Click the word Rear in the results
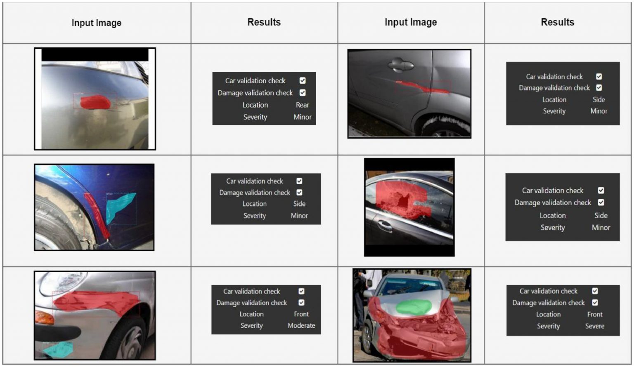click(x=302, y=105)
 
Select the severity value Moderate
click(x=301, y=325)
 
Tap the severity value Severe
click(x=595, y=326)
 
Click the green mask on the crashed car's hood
click(x=414, y=307)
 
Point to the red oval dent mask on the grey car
click(x=95, y=102)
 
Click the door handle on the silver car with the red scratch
click(x=400, y=65)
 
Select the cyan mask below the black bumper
click(x=58, y=350)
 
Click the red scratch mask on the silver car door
click(x=422, y=87)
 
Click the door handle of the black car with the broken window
click(x=384, y=225)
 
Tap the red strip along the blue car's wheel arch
click(x=96, y=215)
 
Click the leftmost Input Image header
click(x=97, y=23)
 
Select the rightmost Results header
click(x=558, y=22)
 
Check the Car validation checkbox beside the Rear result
click(x=303, y=80)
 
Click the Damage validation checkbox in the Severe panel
click(x=595, y=303)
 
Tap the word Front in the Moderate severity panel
click(x=301, y=314)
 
